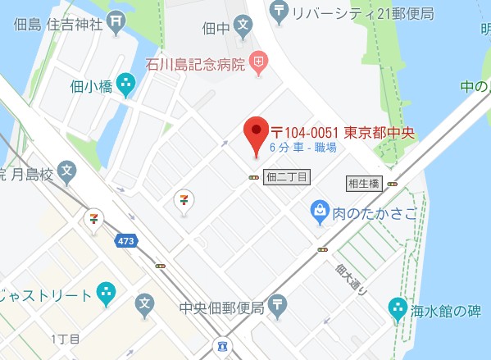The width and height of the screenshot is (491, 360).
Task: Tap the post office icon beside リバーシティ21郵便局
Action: tap(280, 11)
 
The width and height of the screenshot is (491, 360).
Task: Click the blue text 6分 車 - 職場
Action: tap(302, 148)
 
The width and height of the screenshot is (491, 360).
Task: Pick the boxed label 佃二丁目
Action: tap(288, 176)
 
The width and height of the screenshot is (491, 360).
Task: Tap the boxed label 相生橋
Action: tap(363, 183)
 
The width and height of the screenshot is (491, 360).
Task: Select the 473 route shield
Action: tap(125, 241)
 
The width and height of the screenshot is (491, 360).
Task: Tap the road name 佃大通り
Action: tap(347, 279)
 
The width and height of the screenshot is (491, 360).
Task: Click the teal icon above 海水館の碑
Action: tap(397, 307)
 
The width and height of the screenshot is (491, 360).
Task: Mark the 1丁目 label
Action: tap(62, 339)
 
